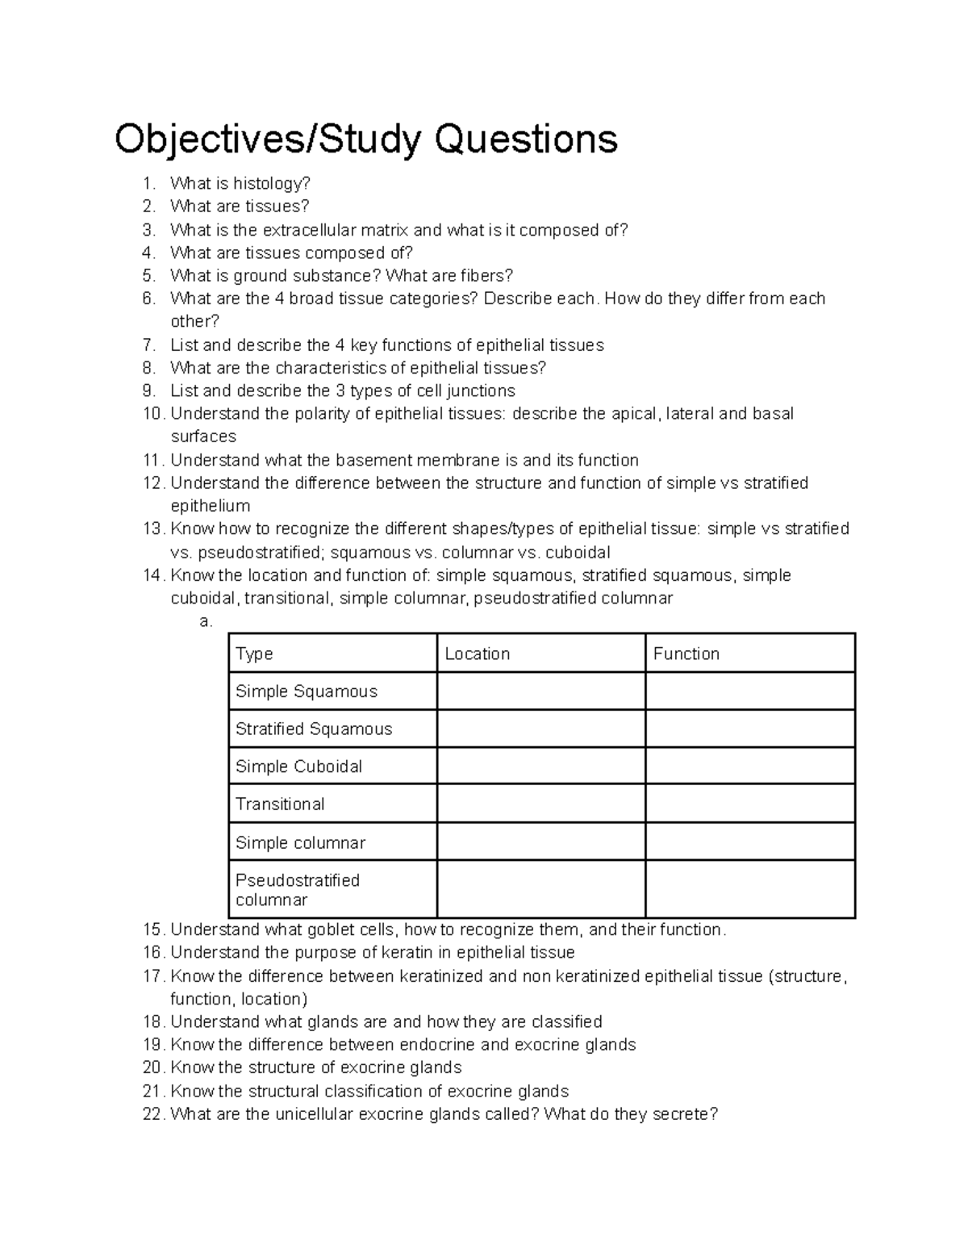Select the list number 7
coord(148,345)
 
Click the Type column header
coord(254,654)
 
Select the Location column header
coord(478,654)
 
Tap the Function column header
coord(686,654)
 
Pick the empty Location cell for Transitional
coord(540,804)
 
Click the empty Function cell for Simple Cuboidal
coord(749,766)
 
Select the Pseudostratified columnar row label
coord(297,889)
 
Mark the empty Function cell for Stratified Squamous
coord(749,729)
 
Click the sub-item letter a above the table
coord(205,621)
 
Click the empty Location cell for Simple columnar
coord(540,842)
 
